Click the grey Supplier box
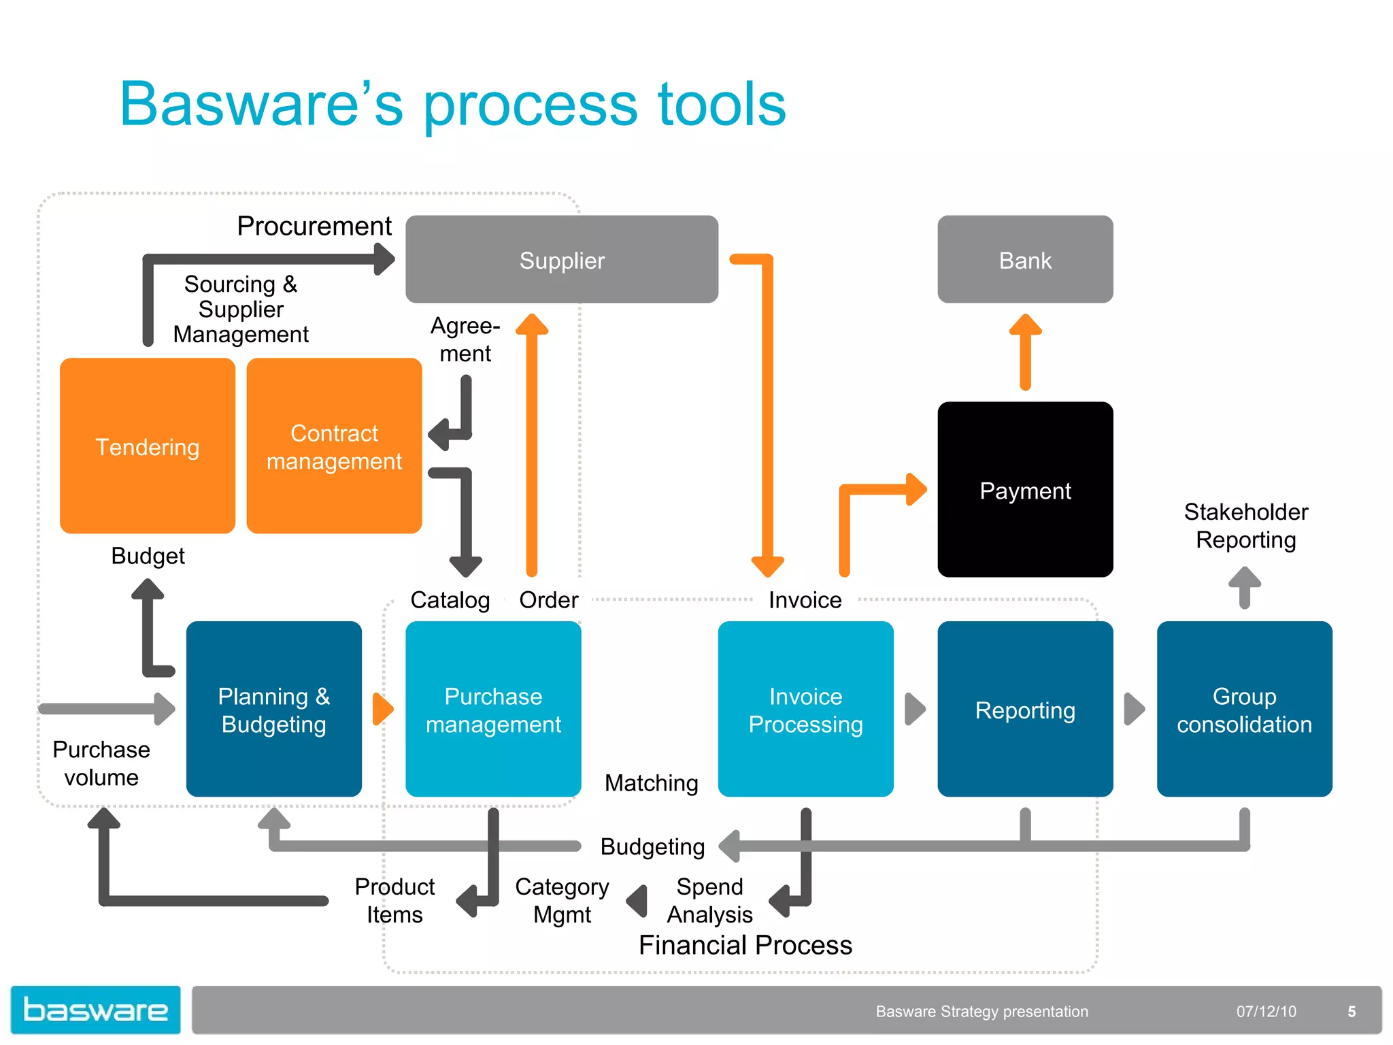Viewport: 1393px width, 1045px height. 562,259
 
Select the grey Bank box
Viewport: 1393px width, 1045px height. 1025,259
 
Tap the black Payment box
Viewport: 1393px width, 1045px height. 1025,490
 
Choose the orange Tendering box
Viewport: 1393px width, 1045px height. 148,446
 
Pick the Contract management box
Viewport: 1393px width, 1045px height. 334,446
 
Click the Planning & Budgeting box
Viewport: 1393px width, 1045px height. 273,709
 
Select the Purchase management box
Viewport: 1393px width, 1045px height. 493,709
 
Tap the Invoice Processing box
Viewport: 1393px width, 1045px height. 805,709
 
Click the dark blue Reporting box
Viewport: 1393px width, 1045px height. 1025,709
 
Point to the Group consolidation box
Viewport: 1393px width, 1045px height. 1244,709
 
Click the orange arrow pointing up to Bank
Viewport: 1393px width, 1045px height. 1025,351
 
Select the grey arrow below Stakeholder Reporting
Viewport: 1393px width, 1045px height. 1245,587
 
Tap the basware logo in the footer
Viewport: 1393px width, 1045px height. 95,1010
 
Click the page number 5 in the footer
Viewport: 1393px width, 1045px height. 1352,1012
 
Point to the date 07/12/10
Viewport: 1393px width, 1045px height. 1266,1012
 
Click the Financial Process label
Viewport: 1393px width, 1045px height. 745,945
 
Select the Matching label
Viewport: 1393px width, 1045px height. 651,783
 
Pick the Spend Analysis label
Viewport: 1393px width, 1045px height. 709,900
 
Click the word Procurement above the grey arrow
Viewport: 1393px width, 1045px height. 314,226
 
